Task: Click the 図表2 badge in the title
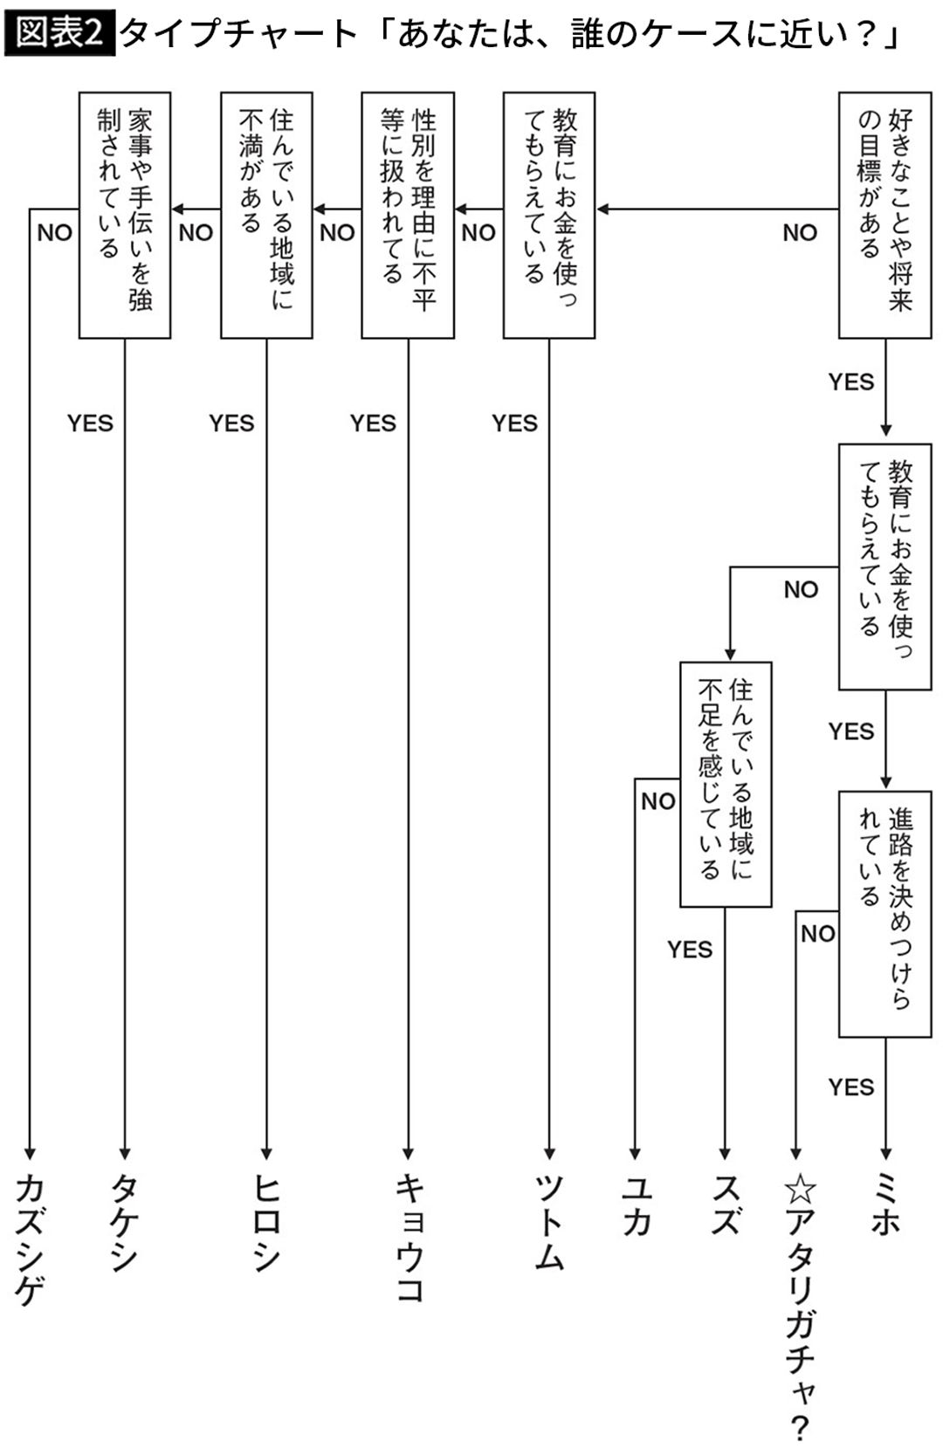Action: [x=59, y=34]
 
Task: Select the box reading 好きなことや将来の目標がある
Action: [x=884, y=215]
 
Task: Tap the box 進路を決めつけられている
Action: [x=884, y=914]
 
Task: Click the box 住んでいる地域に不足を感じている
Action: [x=726, y=784]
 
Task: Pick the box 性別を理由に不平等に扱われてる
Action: [x=408, y=215]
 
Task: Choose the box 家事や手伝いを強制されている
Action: [x=125, y=215]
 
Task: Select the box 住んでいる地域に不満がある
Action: [x=266, y=215]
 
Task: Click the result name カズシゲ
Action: [x=30, y=1239]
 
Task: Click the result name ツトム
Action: [x=549, y=1222]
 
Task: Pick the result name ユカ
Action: [x=636, y=1206]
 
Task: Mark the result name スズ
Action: [x=726, y=1206]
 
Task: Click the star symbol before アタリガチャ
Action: [x=799, y=1189]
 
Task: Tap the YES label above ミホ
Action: [x=850, y=1088]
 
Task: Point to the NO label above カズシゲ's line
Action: [x=54, y=233]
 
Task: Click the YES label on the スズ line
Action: [x=690, y=950]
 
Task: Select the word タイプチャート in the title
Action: [x=238, y=34]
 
